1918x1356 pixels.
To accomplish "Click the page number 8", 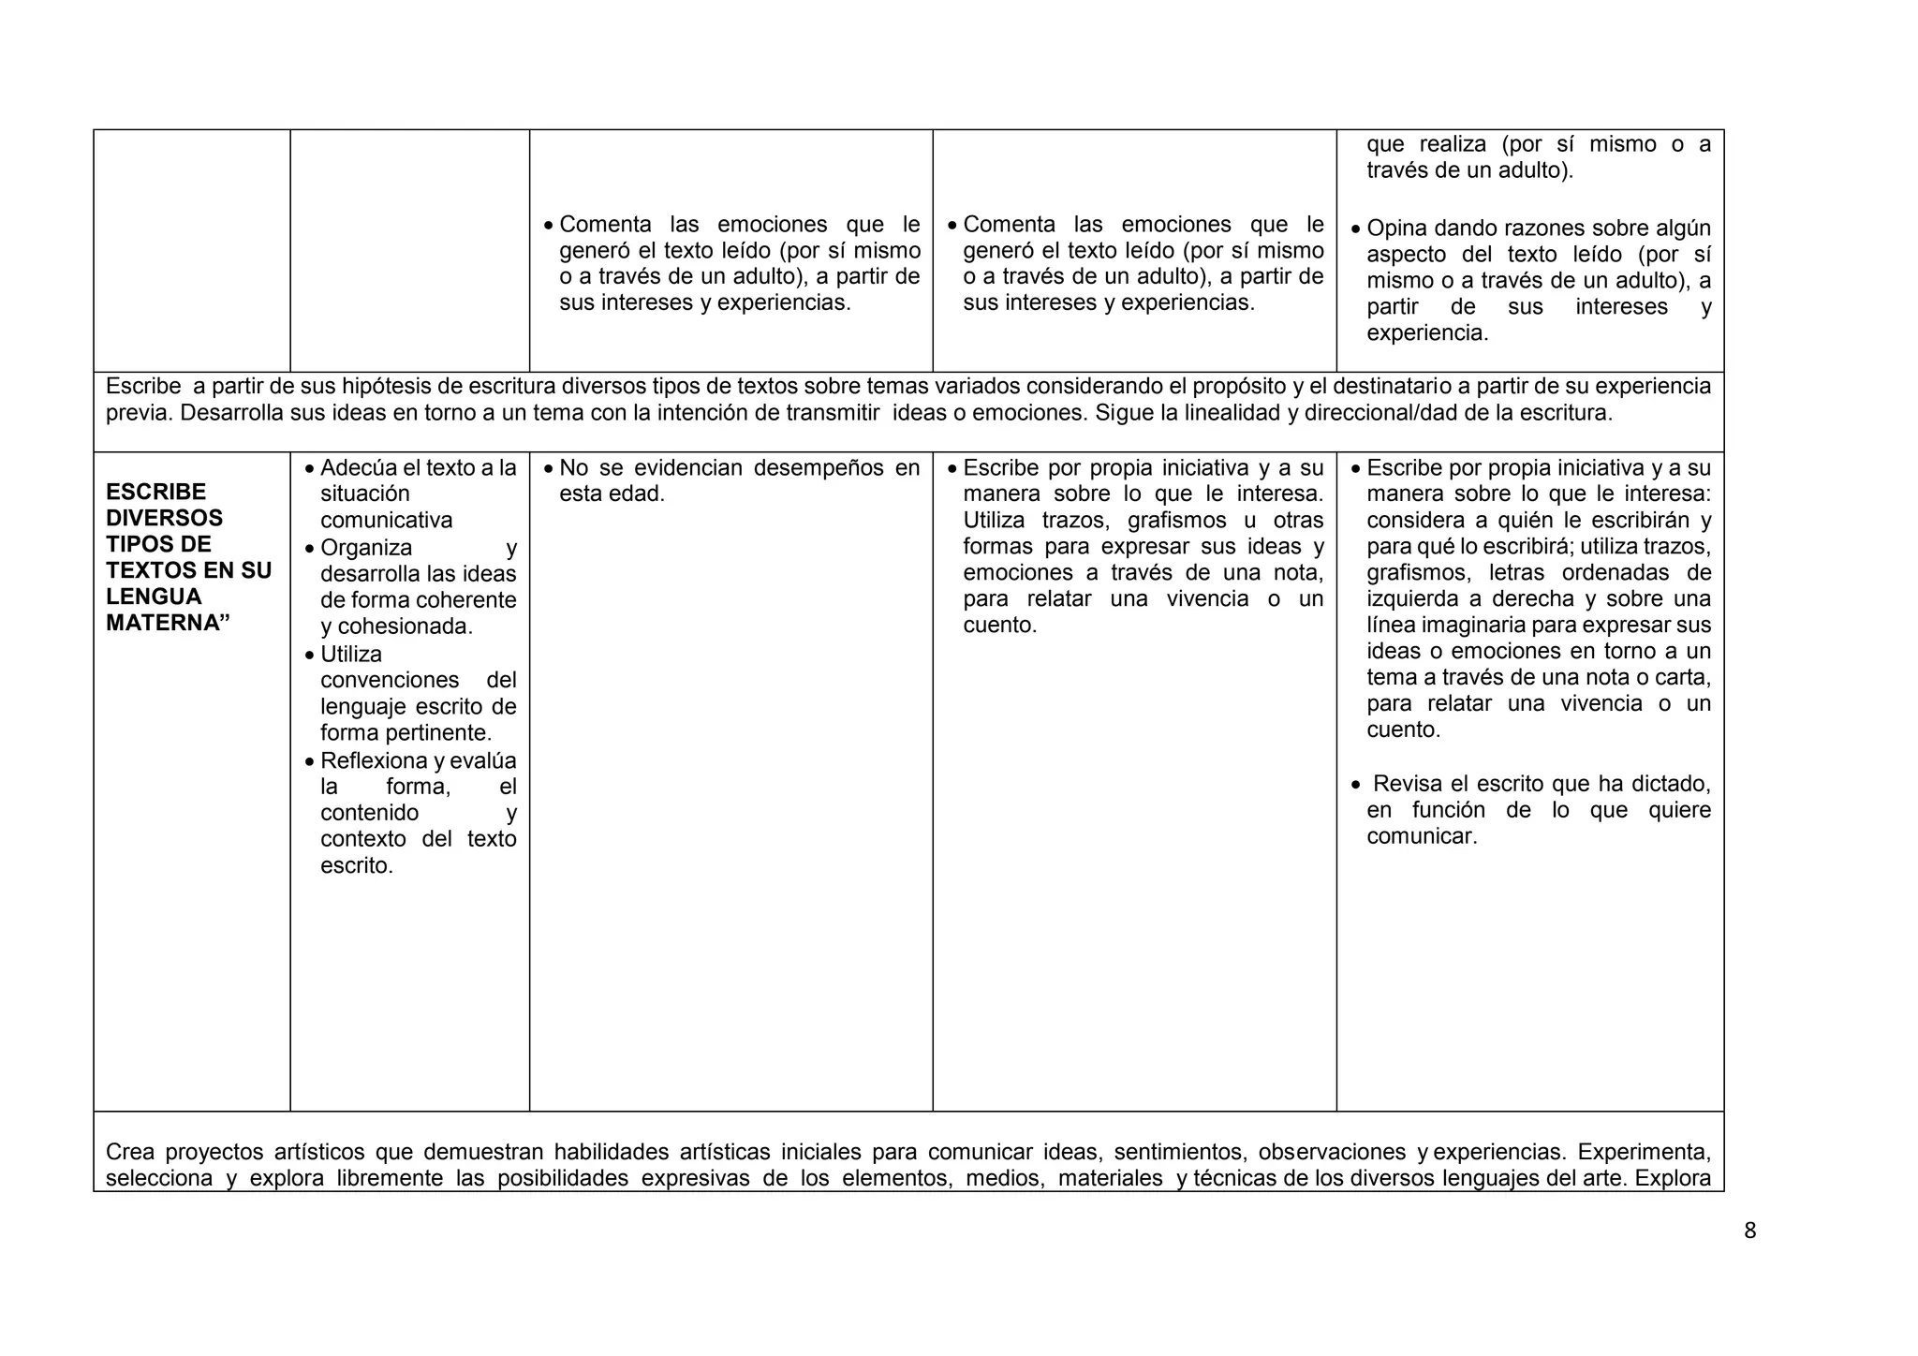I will click(1749, 1231).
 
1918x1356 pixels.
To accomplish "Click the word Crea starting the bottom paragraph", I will click(129, 1152).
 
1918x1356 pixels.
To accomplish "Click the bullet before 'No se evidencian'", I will click(549, 468).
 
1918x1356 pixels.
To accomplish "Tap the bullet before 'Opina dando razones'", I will click(1356, 229).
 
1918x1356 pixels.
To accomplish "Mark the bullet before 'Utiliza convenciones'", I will click(310, 655).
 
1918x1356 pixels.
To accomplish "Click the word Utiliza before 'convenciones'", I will click(351, 654).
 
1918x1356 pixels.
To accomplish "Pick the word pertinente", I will click(441, 732).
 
